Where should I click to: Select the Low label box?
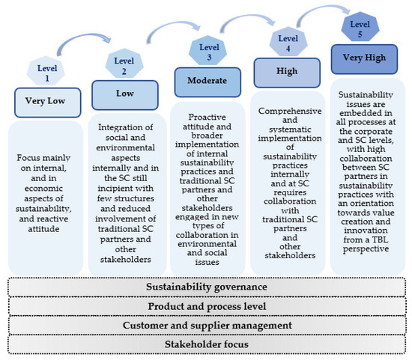click(x=124, y=95)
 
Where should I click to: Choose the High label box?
click(x=285, y=73)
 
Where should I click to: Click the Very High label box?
click(x=364, y=59)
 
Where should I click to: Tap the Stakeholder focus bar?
click(x=205, y=344)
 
